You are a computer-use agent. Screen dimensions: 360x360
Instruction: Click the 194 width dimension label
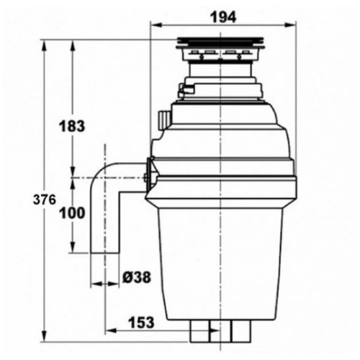(x=223, y=17)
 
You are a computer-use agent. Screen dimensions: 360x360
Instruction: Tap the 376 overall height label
(x=45, y=199)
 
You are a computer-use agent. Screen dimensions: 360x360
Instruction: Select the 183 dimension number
(x=72, y=126)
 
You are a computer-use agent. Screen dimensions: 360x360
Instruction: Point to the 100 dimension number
(x=72, y=212)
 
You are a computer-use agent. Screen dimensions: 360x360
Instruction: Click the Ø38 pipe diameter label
(x=137, y=277)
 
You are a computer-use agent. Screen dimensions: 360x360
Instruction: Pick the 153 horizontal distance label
(x=141, y=323)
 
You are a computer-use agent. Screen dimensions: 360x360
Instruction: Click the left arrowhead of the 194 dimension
(x=155, y=25)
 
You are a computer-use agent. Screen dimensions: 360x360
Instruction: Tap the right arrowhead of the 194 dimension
(x=291, y=25)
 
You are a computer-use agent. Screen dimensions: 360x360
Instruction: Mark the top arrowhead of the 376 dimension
(x=44, y=45)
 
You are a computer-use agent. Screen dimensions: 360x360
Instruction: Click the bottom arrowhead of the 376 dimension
(x=44, y=336)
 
